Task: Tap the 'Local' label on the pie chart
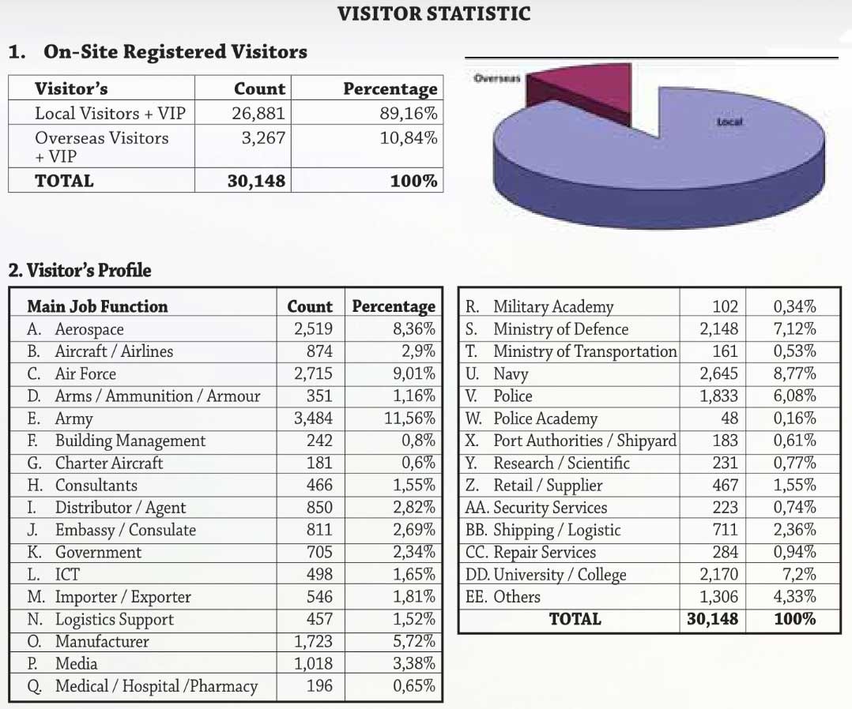click(729, 122)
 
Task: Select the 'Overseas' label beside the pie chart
click(496, 78)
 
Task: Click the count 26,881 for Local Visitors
click(258, 113)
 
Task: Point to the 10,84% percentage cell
click(408, 138)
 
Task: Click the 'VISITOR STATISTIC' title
click(434, 13)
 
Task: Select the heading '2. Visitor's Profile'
click(80, 270)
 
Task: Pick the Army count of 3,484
click(313, 418)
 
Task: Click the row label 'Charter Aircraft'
click(109, 463)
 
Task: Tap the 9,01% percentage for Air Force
click(414, 373)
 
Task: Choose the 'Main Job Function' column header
click(97, 306)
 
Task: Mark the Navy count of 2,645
click(719, 373)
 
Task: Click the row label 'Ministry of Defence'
click(561, 329)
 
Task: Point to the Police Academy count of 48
click(729, 418)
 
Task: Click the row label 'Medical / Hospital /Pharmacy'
click(156, 686)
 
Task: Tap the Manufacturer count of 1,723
click(313, 642)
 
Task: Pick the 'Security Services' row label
click(550, 508)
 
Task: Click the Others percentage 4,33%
click(794, 597)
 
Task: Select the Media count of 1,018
click(313, 664)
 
